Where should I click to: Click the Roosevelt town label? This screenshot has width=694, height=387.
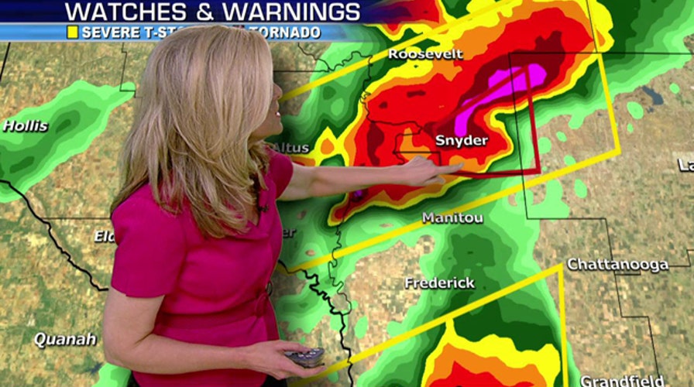tap(425, 54)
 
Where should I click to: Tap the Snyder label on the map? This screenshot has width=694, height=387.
tap(461, 140)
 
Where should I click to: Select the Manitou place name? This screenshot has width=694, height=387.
tap(452, 218)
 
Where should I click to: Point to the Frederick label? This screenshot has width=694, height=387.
tap(439, 283)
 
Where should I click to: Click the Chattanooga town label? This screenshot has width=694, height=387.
tap(617, 265)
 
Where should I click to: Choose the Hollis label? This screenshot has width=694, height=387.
tap(26, 126)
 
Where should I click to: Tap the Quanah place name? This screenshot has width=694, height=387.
tap(64, 339)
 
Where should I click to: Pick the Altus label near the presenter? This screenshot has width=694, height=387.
tap(294, 148)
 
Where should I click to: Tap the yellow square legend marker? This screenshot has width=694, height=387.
tap(72, 33)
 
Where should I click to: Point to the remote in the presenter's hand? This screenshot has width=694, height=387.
tap(304, 357)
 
